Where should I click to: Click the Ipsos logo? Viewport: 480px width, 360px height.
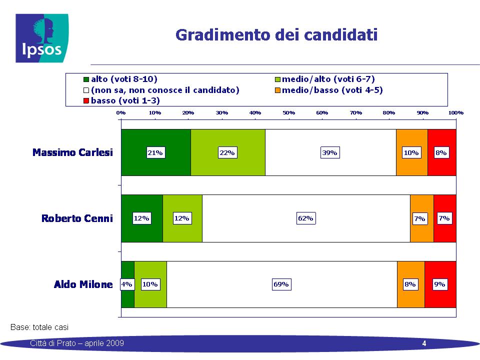(42, 38)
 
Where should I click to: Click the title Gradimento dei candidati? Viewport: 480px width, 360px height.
(276, 35)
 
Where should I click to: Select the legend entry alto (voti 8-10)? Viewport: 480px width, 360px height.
(120, 79)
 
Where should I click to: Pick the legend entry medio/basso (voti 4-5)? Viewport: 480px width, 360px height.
(329, 90)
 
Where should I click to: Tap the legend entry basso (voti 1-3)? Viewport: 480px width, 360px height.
(121, 100)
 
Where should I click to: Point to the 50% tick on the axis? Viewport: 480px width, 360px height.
(288, 112)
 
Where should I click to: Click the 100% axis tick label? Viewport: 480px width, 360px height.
(456, 112)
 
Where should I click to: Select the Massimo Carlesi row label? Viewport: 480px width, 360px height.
(72, 152)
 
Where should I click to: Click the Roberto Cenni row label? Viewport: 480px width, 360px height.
(77, 218)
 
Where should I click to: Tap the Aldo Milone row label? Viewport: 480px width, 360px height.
(83, 284)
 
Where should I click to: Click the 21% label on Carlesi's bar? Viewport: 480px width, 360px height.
(155, 153)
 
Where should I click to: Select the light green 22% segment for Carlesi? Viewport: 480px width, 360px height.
(228, 152)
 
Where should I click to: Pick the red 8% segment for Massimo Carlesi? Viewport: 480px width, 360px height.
(442, 152)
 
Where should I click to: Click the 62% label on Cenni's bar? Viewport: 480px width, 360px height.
(306, 218)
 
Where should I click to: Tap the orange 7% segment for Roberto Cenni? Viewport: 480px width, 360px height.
(422, 218)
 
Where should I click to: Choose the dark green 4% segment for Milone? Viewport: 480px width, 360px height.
(127, 284)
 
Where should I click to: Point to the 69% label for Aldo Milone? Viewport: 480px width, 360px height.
(281, 284)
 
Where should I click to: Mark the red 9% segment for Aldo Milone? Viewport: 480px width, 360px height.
(440, 284)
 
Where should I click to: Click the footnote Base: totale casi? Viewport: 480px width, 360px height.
(39, 327)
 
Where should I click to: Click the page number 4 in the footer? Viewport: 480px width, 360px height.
(424, 343)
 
